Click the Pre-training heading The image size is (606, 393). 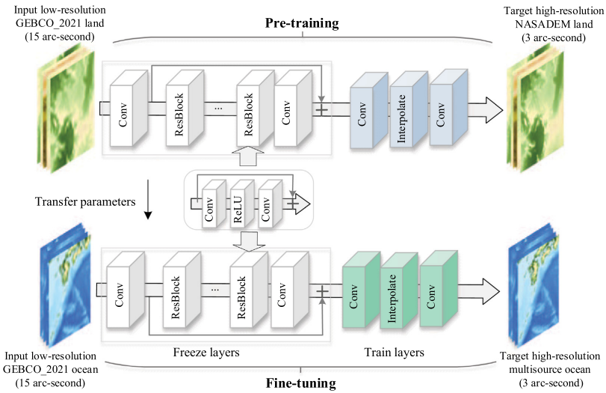pyautogui.click(x=302, y=23)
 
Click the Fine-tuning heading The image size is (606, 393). pyautogui.click(x=301, y=383)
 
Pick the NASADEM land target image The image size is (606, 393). pyautogui.click(x=534, y=106)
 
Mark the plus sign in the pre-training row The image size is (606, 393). pyautogui.click(x=321, y=109)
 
